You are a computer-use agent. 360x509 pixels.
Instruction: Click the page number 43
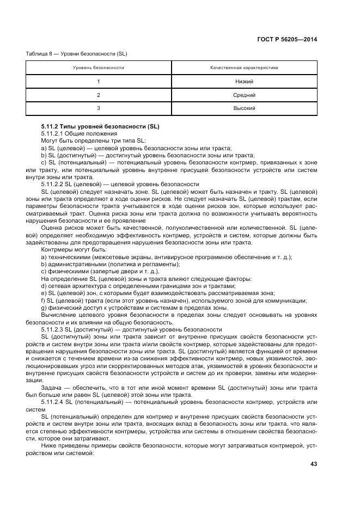coord(314,464)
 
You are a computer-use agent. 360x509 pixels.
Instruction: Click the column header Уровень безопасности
coord(99,68)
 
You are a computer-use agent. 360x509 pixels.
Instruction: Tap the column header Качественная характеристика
coord(244,68)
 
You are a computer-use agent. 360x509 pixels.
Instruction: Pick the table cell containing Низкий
coord(244,82)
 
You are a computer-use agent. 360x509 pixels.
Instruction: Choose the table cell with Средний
coord(244,95)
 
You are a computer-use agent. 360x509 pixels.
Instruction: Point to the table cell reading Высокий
coord(244,108)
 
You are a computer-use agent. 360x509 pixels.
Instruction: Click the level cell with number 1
coord(99,82)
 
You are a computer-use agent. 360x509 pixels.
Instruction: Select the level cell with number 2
coord(99,95)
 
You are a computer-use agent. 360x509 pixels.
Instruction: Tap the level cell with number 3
coord(99,108)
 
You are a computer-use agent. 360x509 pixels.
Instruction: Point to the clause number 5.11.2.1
coord(52,133)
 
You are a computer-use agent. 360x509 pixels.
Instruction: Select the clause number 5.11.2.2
coord(52,185)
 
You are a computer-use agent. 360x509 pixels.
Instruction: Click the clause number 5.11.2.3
coord(52,329)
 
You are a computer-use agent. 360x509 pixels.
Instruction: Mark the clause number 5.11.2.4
coord(52,401)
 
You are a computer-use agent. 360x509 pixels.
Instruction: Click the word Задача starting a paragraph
coord(51,387)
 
